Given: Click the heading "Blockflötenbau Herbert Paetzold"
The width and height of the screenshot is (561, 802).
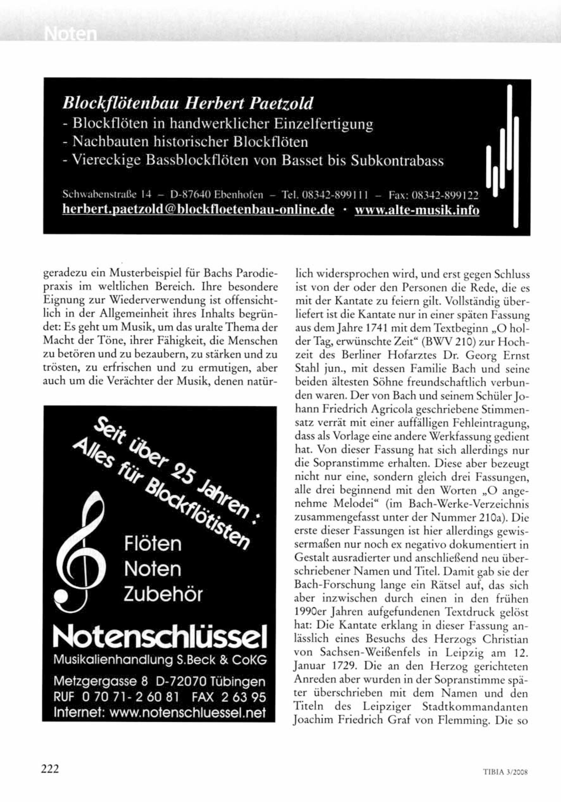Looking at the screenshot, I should tap(188, 104).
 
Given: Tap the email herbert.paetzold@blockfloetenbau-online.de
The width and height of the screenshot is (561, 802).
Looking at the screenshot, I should tap(198, 210).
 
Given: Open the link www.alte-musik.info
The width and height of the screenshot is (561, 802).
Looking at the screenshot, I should tap(417, 210).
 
